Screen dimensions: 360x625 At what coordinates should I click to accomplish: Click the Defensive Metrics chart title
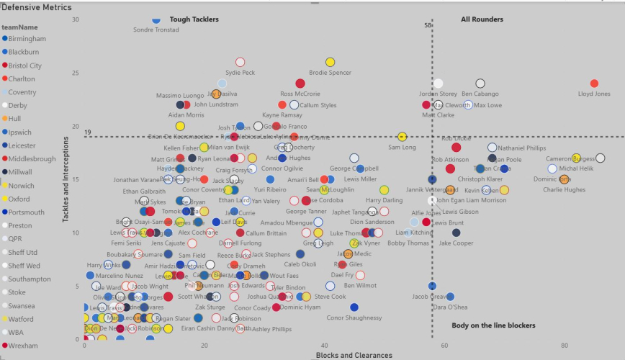click(x=36, y=6)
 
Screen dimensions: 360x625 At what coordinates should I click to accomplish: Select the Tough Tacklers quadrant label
click(x=194, y=19)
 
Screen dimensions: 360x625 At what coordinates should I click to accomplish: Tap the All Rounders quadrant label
click(x=482, y=19)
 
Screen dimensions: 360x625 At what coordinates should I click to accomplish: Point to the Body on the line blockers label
click(x=493, y=325)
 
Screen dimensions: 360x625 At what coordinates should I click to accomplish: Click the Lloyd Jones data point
click(x=594, y=84)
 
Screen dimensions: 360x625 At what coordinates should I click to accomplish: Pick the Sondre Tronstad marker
click(x=156, y=19)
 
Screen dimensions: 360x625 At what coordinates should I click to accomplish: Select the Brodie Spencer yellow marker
click(x=331, y=63)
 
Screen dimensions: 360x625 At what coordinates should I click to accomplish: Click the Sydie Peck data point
click(x=240, y=63)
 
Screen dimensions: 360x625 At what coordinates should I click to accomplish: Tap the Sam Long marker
click(x=402, y=137)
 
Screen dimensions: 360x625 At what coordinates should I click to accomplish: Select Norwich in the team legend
click(x=22, y=186)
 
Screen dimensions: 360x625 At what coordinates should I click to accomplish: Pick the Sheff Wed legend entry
click(x=24, y=266)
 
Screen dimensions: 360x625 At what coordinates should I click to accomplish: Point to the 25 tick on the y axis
click(x=76, y=73)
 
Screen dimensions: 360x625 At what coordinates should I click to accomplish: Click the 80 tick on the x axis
click(x=564, y=346)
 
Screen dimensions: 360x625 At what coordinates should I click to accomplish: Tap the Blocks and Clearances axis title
click(x=354, y=355)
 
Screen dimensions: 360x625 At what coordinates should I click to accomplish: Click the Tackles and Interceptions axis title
click(x=66, y=180)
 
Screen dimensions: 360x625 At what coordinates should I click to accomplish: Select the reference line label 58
click(x=428, y=26)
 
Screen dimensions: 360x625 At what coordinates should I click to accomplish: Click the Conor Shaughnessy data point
click(x=354, y=307)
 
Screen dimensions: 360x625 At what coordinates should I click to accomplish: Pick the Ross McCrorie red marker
click(x=300, y=84)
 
